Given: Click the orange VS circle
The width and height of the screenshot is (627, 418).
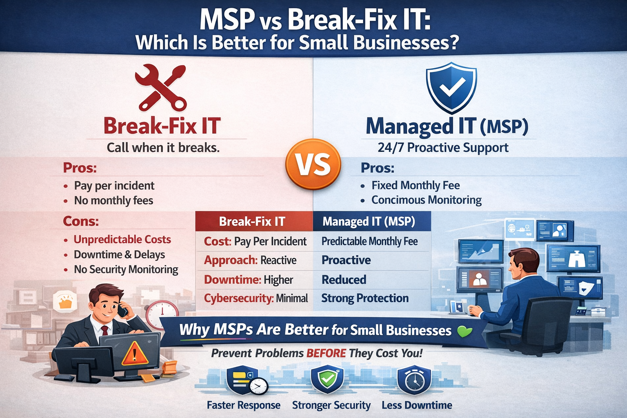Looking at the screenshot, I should click(313, 165).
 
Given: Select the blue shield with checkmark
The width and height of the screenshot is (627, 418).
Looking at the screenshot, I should click(451, 87).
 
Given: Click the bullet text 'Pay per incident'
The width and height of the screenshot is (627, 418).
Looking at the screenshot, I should click(114, 186).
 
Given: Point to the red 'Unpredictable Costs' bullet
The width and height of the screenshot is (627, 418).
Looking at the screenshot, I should click(122, 240).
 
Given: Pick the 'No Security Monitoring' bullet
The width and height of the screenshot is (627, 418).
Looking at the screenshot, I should click(126, 269).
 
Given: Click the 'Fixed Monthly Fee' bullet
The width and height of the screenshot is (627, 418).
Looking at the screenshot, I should click(415, 185).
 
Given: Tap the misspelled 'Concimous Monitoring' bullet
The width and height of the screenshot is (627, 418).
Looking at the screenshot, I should click(426, 200).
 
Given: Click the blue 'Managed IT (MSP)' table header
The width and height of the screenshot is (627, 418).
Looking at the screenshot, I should click(369, 221).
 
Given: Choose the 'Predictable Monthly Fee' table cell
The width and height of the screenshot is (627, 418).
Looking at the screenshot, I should click(369, 241).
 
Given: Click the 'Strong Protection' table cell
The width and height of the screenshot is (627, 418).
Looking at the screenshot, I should click(365, 298).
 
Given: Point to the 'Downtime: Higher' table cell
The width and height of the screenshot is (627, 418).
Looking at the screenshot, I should click(249, 280).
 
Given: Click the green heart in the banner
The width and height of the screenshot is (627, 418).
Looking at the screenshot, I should click(465, 331).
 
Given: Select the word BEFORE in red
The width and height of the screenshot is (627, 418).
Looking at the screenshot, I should click(326, 353).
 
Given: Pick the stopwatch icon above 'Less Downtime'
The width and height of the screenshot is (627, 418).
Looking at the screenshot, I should click(414, 380).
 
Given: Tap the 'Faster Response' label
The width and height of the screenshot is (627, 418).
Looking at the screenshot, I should click(243, 405).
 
